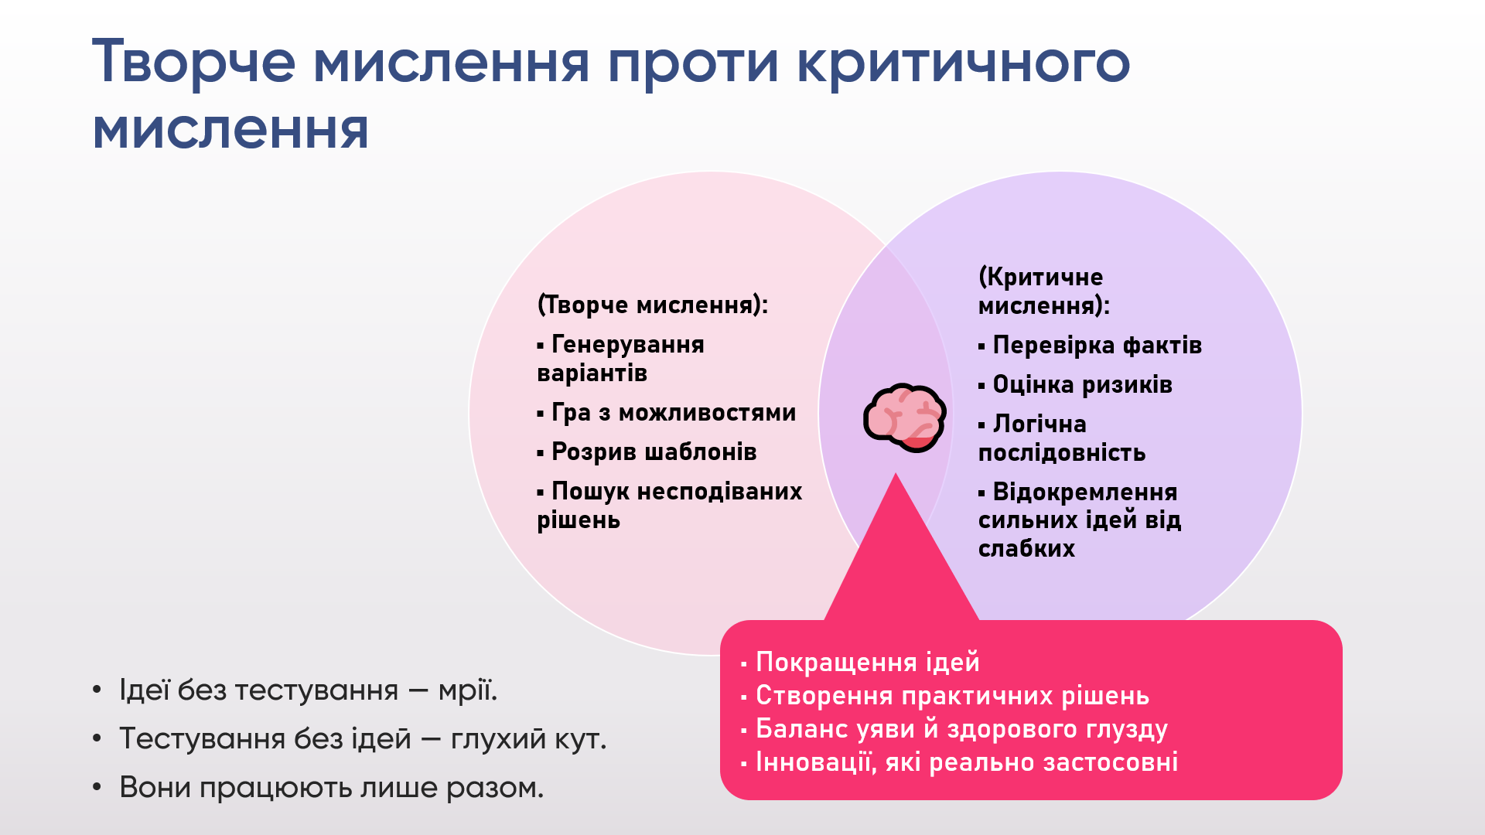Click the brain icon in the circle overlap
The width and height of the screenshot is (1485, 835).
point(904,417)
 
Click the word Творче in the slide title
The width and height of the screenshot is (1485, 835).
point(194,62)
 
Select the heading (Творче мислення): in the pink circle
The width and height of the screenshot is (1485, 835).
point(653,305)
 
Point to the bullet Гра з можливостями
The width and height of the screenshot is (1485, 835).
point(666,413)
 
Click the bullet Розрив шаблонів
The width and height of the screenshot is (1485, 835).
point(647,452)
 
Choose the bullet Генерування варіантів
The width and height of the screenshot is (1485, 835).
point(620,359)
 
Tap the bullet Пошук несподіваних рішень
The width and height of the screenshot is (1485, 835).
point(670,506)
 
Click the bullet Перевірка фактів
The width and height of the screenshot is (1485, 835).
point(1090,345)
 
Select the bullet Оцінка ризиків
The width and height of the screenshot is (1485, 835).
point(1075,384)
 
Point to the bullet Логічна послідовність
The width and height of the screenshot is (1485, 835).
point(1062,438)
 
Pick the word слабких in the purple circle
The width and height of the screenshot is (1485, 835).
point(1026,548)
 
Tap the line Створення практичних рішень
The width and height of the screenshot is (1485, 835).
point(945,696)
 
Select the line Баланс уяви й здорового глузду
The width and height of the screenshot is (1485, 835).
point(954,729)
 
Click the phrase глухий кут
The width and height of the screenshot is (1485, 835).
point(528,739)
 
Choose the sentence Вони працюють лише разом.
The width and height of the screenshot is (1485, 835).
point(332,788)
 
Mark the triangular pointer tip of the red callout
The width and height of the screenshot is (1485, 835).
point(896,473)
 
